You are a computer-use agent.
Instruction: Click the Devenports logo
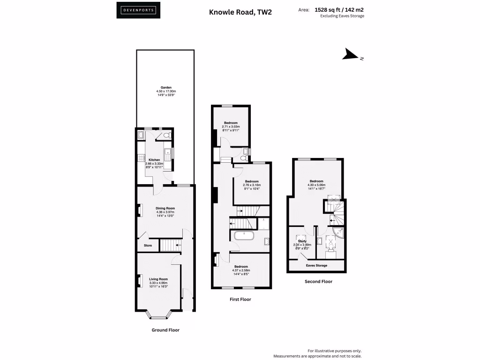(x=138, y=10)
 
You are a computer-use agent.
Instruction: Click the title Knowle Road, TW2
(x=240, y=13)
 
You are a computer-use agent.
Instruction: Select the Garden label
(x=166, y=88)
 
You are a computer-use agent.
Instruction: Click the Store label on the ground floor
(x=148, y=245)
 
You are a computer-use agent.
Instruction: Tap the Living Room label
(x=158, y=279)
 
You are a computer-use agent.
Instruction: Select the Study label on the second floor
(x=302, y=241)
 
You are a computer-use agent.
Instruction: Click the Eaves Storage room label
(x=316, y=265)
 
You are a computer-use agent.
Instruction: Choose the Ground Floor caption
(x=165, y=330)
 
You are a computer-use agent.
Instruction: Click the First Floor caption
(x=240, y=299)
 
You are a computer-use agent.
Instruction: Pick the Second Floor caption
(x=319, y=282)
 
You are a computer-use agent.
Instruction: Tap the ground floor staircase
(x=171, y=245)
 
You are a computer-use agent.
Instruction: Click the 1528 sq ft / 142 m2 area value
(x=339, y=9)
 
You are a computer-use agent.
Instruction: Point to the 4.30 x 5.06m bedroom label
(x=316, y=181)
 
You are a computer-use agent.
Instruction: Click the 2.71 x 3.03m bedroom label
(x=231, y=123)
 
